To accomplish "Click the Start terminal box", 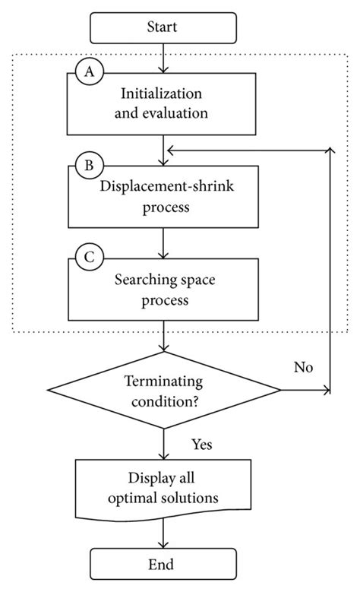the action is (x=163, y=28).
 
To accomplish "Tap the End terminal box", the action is (x=163, y=564).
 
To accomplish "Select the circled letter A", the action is (x=90, y=71).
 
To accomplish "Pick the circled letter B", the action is (x=90, y=165).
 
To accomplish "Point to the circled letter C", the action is (x=90, y=257).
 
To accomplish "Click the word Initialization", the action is (x=161, y=93).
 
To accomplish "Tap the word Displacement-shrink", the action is (x=166, y=185).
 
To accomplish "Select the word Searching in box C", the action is (x=141, y=280).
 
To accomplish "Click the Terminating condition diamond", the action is (x=164, y=390).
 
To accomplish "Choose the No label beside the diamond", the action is (x=303, y=367).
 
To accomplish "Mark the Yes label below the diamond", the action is (x=201, y=445).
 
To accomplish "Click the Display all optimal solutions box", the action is (x=163, y=489).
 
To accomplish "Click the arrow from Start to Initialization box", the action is (x=163, y=59).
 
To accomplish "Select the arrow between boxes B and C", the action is (x=163, y=243).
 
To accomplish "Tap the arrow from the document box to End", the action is (x=163, y=533).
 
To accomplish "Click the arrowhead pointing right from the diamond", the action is (x=327, y=390).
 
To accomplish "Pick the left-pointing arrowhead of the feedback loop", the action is (x=171, y=150).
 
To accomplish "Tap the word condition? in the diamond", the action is (x=165, y=402).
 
